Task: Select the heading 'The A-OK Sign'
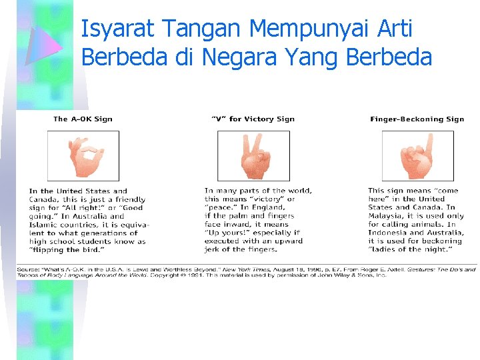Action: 83,119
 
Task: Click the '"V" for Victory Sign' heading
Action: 253,119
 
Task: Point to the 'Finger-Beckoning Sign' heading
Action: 417,119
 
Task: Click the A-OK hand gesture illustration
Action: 83,156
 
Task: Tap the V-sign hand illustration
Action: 253,156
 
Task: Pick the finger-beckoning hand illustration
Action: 417,156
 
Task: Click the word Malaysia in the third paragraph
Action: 387,216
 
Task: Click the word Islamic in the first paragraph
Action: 45,225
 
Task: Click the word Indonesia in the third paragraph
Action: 389,233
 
